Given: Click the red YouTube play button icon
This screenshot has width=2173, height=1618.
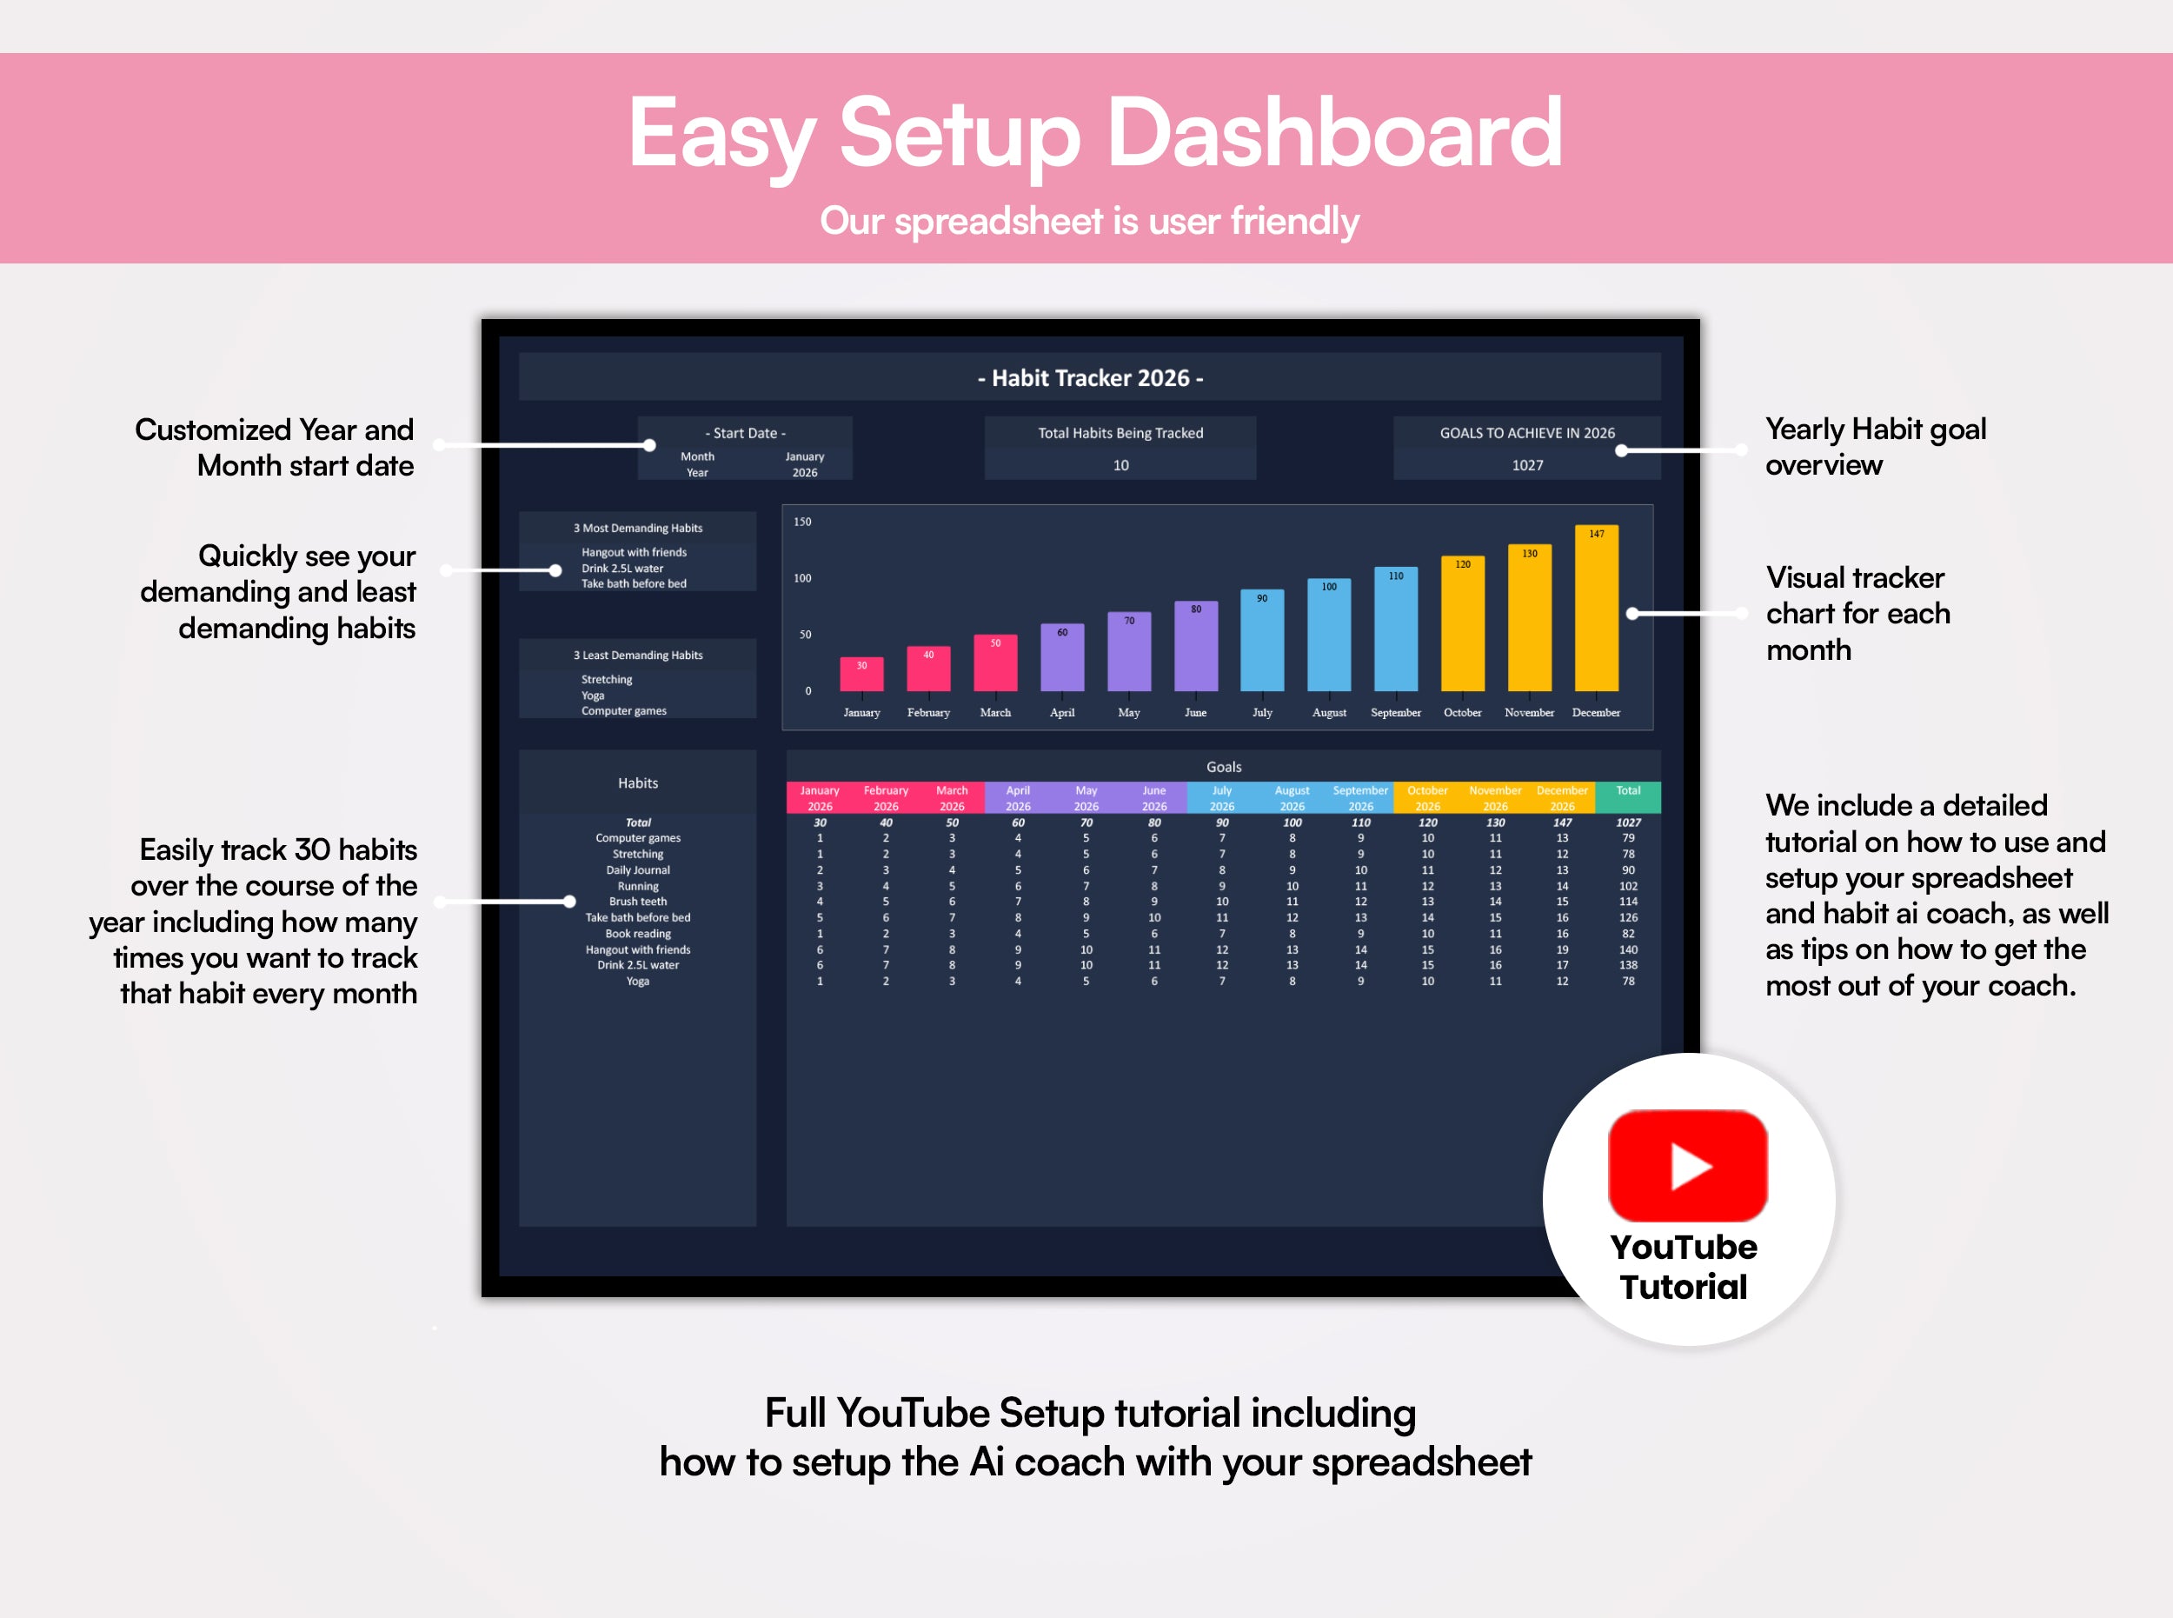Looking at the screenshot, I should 1687,1166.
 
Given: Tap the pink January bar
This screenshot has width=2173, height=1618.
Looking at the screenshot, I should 861,675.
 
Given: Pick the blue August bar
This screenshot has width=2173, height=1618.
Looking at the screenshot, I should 1329,636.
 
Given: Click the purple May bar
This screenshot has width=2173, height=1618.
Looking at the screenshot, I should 1128,652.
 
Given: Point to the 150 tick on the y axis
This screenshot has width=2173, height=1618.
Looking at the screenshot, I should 802,522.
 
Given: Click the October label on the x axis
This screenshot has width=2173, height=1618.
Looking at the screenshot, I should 1462,713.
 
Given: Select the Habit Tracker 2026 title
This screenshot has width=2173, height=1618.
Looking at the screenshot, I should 1090,378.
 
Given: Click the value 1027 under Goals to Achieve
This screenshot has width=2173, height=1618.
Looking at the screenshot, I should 1526,465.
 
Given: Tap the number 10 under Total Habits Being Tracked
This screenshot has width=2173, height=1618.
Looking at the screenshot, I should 1120,465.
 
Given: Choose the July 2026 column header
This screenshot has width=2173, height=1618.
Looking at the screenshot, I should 1221,797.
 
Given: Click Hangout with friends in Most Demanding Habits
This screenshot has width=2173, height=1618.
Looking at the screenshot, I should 634,552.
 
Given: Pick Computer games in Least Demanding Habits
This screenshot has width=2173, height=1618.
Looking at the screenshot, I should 624,711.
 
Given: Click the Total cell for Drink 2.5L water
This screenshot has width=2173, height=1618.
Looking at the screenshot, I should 1627,966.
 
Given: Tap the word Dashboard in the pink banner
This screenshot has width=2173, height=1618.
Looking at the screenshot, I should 1332,133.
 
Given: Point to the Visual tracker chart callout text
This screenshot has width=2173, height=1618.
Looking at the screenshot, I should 1857,613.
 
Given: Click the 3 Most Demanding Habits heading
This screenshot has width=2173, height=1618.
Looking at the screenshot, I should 637,528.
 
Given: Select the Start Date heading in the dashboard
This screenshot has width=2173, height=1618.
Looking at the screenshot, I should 745,433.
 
